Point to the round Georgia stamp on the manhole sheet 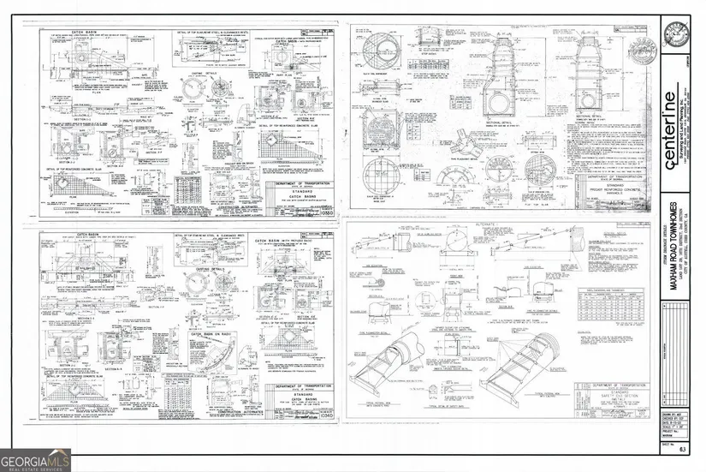pos(648,46)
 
